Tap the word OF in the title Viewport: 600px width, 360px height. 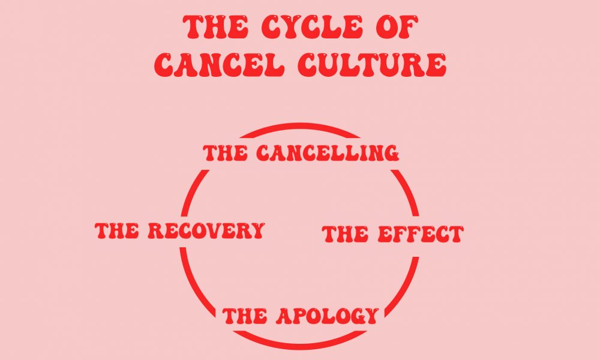[x=395, y=29]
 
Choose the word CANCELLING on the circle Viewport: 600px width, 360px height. [x=328, y=153]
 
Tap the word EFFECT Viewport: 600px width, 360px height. [x=420, y=234]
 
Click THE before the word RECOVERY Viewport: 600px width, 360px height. [x=118, y=230]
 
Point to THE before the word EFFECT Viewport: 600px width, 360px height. [x=345, y=234]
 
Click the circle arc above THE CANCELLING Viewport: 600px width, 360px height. [x=300, y=127]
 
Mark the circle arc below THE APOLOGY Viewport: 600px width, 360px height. [x=300, y=347]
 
